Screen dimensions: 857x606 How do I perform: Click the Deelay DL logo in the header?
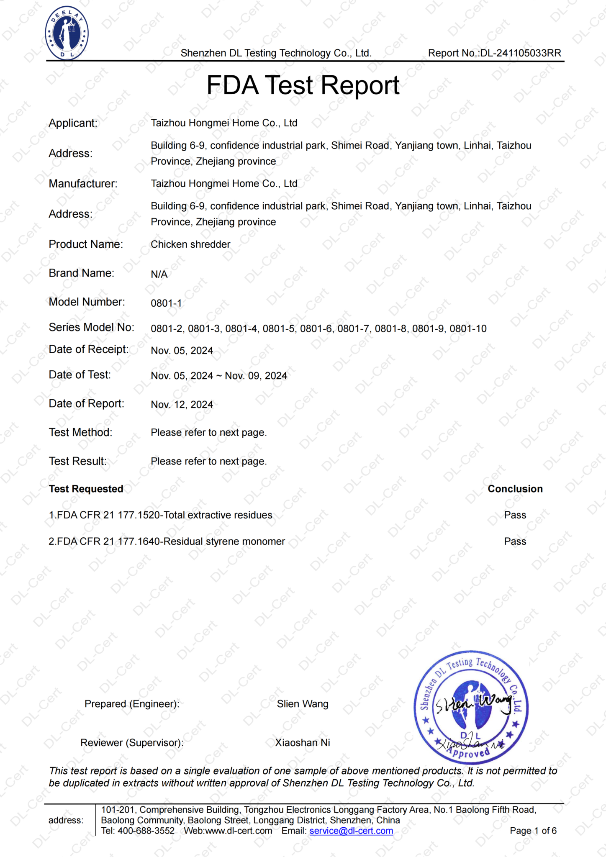[x=67, y=34]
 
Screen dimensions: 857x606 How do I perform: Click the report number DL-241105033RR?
[x=521, y=53]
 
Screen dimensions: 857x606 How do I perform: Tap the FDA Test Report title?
[x=303, y=85]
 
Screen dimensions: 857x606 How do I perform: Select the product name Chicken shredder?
[x=190, y=244]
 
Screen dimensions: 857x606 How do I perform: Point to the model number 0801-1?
[x=166, y=303]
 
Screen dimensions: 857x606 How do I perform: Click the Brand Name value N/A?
[x=159, y=274]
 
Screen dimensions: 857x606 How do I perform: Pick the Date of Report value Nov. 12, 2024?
[x=182, y=405]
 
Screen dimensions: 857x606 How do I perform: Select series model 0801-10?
[x=468, y=329]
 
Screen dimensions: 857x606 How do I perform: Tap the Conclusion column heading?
[x=515, y=489]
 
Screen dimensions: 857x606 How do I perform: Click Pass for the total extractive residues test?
[x=515, y=515]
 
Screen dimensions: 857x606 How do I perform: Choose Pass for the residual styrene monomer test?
[x=515, y=541]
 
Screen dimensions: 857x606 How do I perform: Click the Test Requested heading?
[x=86, y=489]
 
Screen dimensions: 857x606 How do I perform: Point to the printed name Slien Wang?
[x=303, y=704]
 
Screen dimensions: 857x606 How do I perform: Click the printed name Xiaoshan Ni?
[x=303, y=743]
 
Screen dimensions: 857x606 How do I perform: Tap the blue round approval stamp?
[x=471, y=708]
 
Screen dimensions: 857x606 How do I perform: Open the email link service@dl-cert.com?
[x=351, y=831]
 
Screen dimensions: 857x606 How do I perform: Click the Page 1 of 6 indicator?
[x=533, y=831]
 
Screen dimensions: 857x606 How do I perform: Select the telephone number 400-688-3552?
[x=146, y=831]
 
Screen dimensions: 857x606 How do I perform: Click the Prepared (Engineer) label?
[x=132, y=704]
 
